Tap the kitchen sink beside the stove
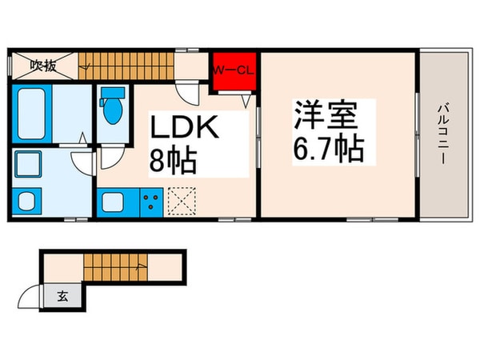[x=112, y=202]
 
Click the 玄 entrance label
[x=62, y=296]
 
